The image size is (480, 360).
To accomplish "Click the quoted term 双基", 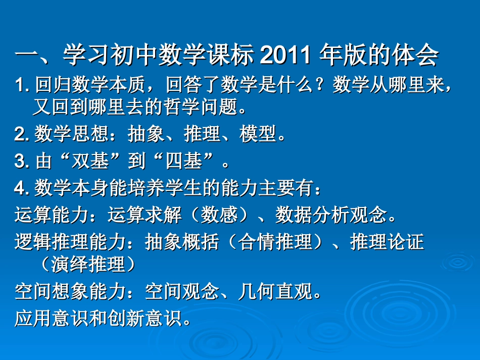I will point(94,162).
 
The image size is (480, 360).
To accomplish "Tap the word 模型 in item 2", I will point(259,134).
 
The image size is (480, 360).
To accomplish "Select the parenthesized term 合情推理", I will point(275,242).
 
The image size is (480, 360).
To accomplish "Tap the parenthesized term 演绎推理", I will point(88,264).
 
